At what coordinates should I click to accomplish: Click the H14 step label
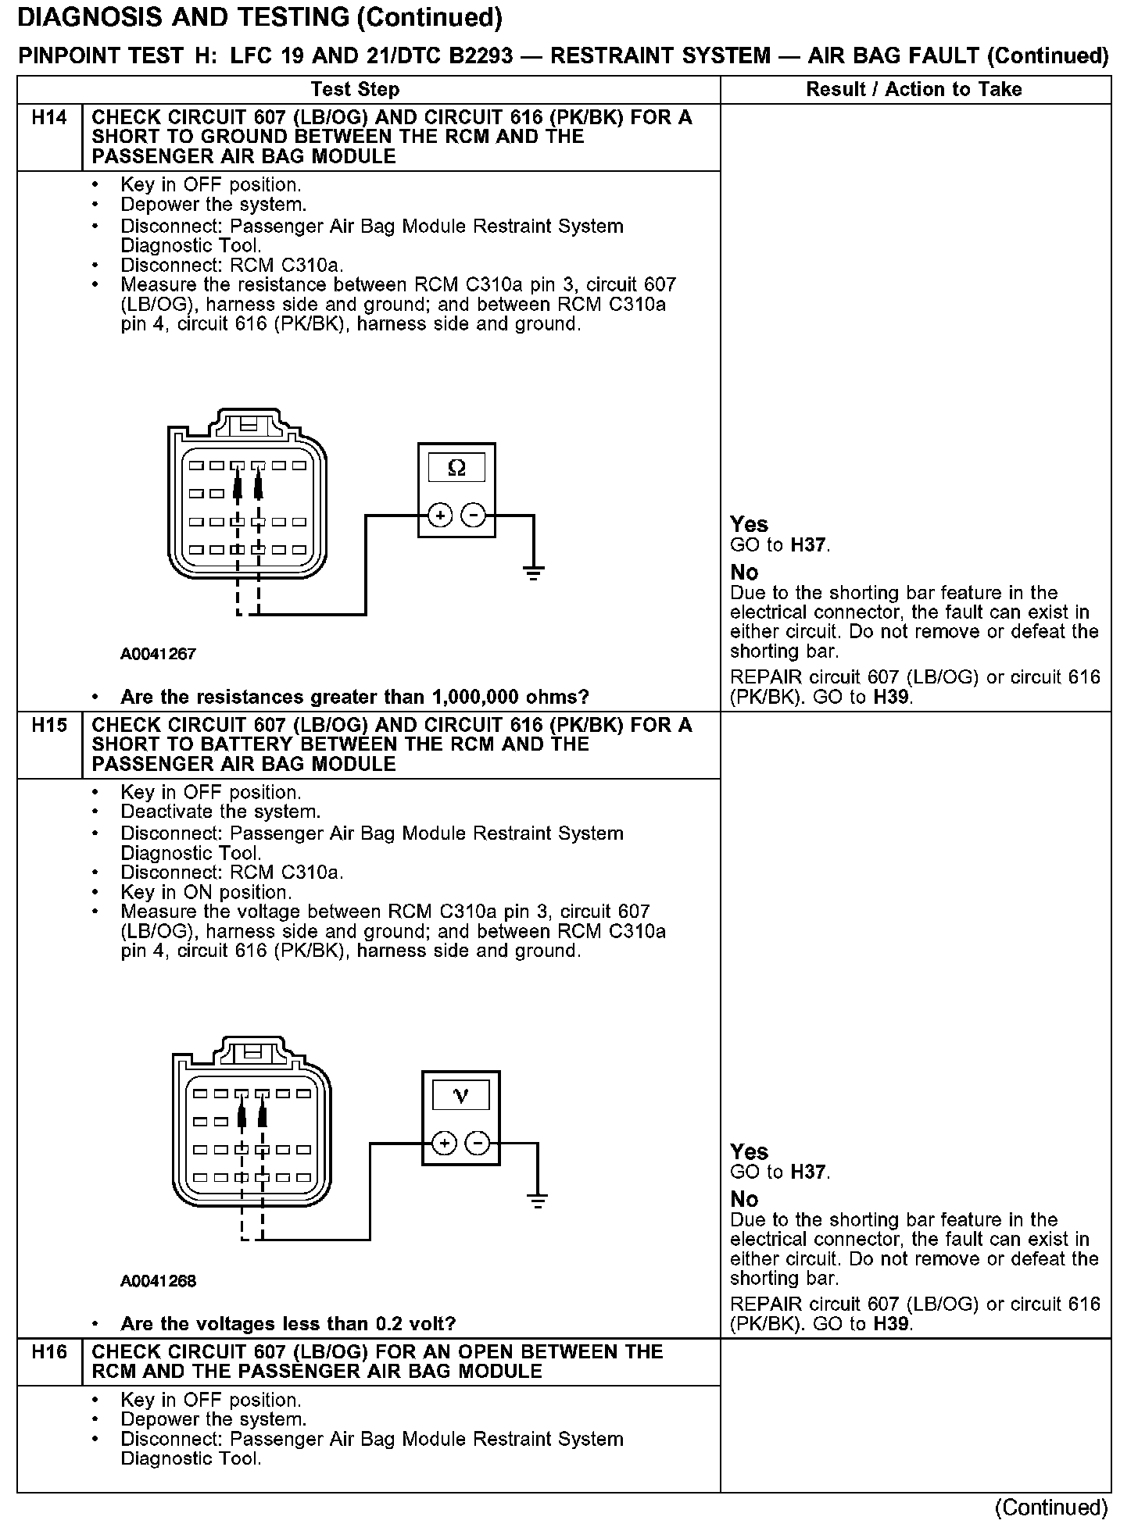pos(49,118)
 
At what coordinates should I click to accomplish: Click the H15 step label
pos(49,726)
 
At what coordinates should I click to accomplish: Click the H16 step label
pos(49,1352)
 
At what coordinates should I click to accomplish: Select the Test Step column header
pos(355,90)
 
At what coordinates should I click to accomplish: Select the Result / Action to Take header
pos(914,90)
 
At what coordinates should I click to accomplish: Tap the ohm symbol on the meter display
pos(456,468)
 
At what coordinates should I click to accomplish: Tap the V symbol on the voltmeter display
pos(460,1096)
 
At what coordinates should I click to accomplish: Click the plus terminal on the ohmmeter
pos(440,516)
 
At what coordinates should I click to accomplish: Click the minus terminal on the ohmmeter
pos(473,516)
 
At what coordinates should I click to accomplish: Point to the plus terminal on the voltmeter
pos(444,1144)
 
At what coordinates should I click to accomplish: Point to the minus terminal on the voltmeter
pos(477,1144)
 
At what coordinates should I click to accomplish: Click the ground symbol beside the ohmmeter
pos(533,575)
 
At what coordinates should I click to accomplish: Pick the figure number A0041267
pos(158,655)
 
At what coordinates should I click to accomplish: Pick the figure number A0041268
pos(158,1282)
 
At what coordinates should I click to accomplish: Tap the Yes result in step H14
pos(749,524)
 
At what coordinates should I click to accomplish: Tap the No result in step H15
pos(744,1199)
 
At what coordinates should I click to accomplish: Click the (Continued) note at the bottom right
pos(1051,1507)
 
